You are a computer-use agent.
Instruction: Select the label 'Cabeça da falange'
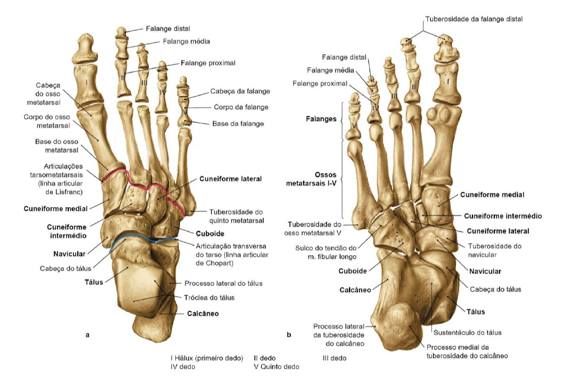240,91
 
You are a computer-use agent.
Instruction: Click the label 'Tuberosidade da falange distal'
473,19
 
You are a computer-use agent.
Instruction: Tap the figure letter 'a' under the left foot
88,335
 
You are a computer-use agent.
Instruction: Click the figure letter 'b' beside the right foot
288,335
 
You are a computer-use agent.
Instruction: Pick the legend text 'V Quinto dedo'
276,367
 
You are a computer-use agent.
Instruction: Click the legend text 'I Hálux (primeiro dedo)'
207,357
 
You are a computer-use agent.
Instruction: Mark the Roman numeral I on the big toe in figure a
86,82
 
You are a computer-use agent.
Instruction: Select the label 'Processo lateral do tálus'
223,283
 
